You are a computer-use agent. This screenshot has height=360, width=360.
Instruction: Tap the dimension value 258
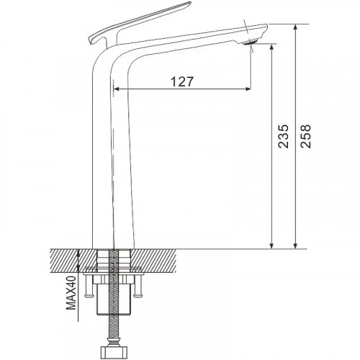click(x=307, y=136)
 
